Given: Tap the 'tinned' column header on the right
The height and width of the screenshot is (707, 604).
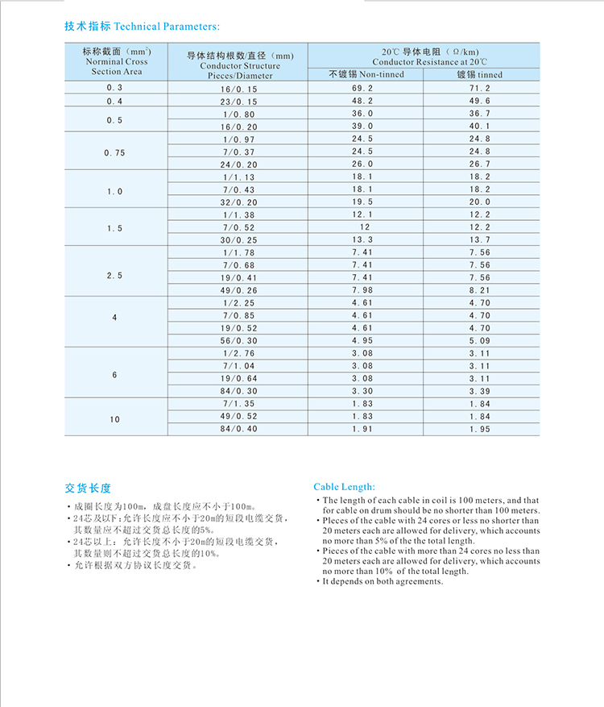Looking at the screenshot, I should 480,74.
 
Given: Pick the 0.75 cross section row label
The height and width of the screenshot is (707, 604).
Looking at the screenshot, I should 114,152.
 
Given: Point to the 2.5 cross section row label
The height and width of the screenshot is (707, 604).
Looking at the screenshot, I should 114,276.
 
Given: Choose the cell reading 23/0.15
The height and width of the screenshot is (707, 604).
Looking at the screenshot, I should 240,101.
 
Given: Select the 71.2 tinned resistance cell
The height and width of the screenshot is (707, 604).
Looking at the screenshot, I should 480,88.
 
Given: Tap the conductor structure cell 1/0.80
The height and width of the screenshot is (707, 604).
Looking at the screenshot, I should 240,114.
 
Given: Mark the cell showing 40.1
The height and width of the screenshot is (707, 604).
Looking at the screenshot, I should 480,127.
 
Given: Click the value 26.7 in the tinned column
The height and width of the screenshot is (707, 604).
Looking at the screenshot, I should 480,164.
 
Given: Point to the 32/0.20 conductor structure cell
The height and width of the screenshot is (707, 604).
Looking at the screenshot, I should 240,202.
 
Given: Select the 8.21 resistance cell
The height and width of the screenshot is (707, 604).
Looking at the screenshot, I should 480,290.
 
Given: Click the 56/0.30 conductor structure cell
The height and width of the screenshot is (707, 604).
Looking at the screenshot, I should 240,341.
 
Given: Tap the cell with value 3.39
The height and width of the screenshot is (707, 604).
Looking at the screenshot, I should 480,391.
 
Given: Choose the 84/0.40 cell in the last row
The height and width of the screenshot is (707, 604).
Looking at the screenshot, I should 240,429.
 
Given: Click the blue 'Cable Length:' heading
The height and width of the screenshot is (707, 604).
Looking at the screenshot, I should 344,487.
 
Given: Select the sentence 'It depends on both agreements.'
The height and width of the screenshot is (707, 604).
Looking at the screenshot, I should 383,581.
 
